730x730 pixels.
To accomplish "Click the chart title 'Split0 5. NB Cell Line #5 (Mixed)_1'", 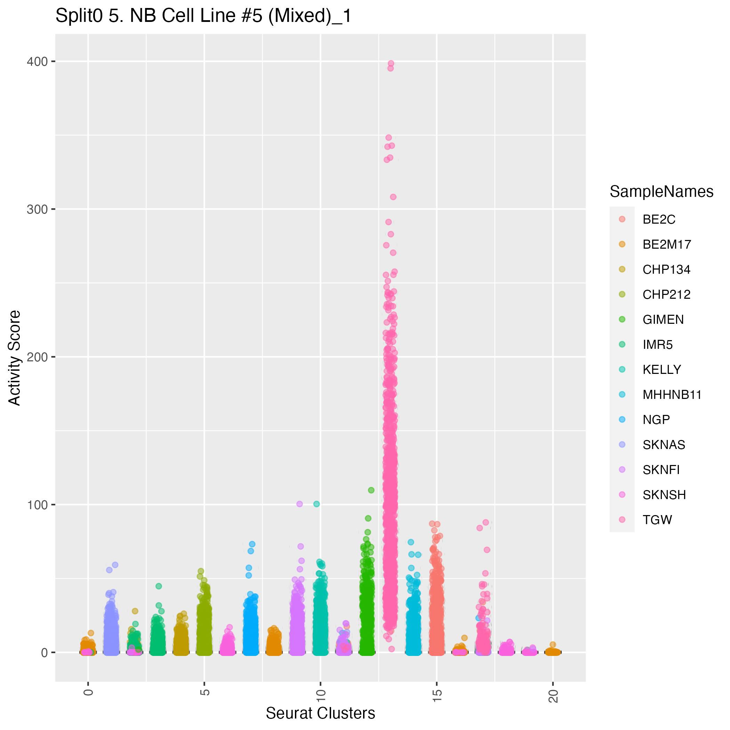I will coord(203,16).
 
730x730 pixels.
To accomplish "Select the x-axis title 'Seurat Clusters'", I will coord(320,713).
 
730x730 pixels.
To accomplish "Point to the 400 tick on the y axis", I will coord(37,62).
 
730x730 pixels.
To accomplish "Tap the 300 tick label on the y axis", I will coord(37,209).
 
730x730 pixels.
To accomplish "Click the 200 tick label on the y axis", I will coord(37,357).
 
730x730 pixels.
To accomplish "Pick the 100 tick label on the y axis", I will coord(37,505).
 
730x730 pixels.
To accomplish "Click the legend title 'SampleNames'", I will coord(661,192).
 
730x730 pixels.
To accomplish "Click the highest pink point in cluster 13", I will coord(391,64).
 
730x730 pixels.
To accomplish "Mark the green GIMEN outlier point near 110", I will coord(371,490).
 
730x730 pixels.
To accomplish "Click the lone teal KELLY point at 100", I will coord(316,504).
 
